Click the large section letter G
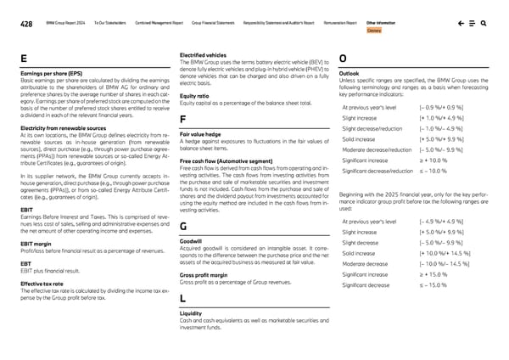pos(183,226)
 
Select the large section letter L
pos(183,298)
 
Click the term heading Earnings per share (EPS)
pos(46,75)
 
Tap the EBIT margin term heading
pos(33,244)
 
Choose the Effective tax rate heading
pos(42,284)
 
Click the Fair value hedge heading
pos(200,134)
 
